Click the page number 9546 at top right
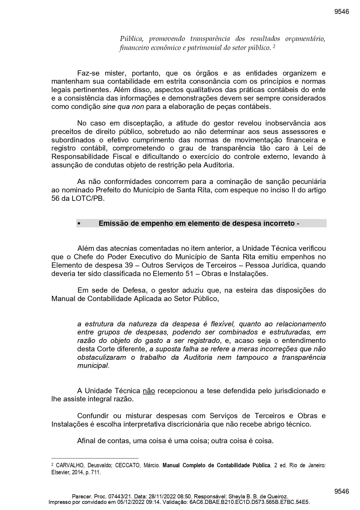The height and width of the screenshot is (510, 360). [341, 12]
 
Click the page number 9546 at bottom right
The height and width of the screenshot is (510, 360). [341, 491]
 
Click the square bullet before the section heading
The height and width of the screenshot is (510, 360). [79, 224]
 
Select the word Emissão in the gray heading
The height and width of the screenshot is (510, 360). [111, 223]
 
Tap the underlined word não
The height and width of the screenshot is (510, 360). [149, 391]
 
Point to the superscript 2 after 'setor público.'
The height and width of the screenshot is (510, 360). [274, 46]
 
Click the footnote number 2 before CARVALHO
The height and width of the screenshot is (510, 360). [52, 465]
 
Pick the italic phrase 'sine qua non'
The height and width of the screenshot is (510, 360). [123, 107]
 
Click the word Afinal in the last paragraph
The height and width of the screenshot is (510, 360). [86, 441]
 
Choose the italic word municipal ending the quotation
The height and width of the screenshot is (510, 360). [93, 366]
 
